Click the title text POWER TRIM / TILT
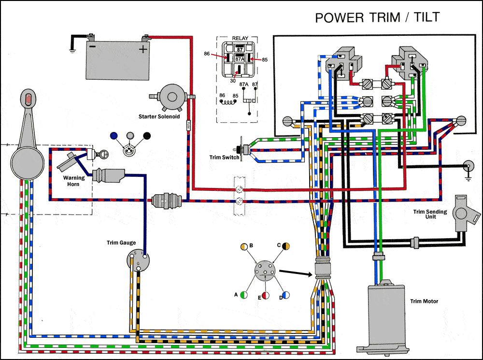[377, 17]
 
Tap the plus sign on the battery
[142, 49]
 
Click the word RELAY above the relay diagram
[240, 38]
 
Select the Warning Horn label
[74, 181]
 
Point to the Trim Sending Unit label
[429, 215]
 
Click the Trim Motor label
[424, 302]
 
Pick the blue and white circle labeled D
[286, 293]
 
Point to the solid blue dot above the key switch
[114, 136]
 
